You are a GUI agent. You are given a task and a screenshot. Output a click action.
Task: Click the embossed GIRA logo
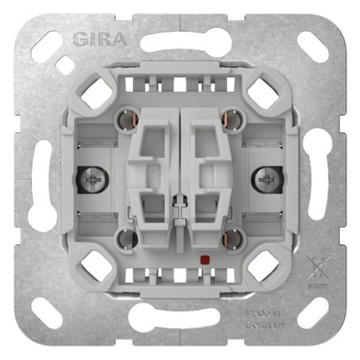click(x=100, y=39)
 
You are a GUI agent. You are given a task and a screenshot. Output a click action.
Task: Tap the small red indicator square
click(x=204, y=259)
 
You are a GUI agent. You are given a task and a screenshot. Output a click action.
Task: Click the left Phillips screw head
click(x=93, y=180)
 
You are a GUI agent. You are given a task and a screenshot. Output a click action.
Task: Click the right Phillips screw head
click(x=266, y=180)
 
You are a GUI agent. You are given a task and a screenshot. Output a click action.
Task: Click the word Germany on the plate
click(x=266, y=324)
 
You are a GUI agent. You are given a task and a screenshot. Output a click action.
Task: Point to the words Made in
click(x=263, y=313)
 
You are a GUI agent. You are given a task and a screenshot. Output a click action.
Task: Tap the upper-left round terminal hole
click(x=127, y=120)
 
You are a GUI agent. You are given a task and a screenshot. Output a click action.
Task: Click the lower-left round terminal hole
click(x=127, y=240)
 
